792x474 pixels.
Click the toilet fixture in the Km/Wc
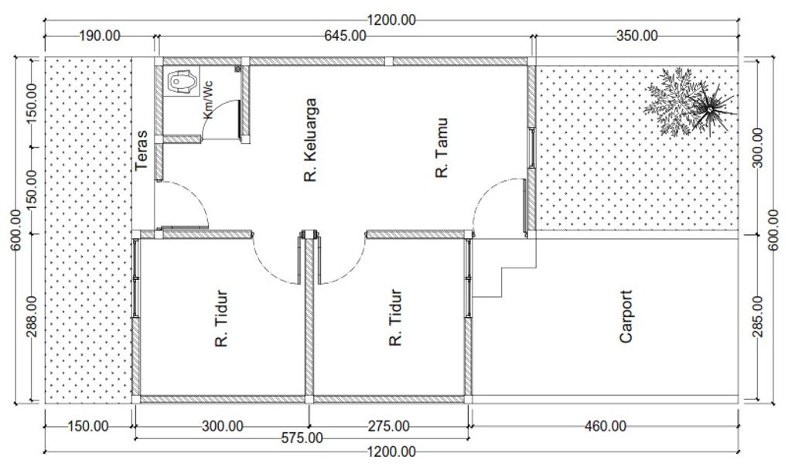[183, 81]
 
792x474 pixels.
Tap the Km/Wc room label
[207, 100]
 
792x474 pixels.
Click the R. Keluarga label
[309, 140]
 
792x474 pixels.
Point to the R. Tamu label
[442, 148]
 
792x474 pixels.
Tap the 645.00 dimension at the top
[345, 36]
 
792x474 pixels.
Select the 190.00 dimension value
[100, 36]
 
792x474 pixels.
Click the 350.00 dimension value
[637, 36]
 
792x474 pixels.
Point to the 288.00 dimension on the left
[30, 318]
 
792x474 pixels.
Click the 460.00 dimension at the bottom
[606, 427]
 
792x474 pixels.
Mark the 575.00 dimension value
[302, 438]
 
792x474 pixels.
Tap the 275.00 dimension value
[388, 427]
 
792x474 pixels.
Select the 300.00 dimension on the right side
[758, 148]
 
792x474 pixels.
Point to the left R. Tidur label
[221, 318]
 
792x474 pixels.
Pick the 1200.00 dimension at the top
[391, 20]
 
